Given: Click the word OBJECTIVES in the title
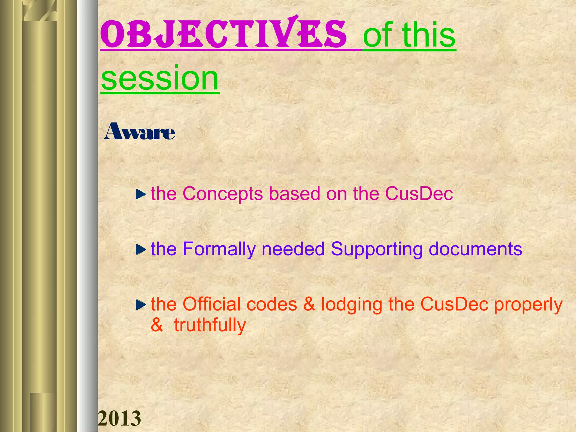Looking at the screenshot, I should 224,35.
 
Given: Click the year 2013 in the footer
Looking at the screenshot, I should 119,418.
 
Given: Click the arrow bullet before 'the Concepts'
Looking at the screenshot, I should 141,194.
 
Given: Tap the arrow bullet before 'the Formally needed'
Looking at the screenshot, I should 141,249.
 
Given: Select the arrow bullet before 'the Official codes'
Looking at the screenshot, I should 141,304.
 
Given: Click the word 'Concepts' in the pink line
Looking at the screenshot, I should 222,193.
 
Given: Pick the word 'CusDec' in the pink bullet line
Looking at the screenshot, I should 419,193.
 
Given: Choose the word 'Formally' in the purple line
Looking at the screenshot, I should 219,249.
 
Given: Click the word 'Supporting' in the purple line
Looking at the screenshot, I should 377,249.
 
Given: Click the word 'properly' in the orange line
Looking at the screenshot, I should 528,305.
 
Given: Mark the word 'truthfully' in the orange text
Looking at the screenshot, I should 210,325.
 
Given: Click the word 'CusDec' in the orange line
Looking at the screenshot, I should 454,304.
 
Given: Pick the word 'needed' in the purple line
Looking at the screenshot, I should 293,249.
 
